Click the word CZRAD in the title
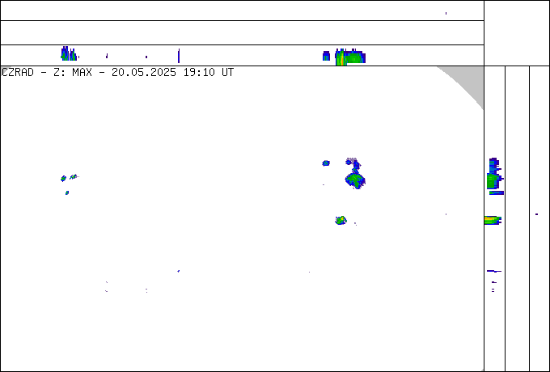click(18, 73)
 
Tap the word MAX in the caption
click(82, 73)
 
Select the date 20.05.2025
click(144, 73)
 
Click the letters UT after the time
click(227, 73)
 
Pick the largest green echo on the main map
click(355, 180)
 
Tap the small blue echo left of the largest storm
click(326, 163)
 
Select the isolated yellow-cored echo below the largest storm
click(341, 220)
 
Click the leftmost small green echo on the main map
click(63, 179)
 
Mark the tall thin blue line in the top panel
click(179, 56)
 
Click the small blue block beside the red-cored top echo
click(326, 56)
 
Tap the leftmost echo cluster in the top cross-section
click(69, 53)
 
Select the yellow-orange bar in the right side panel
click(493, 220)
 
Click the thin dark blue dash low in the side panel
click(494, 271)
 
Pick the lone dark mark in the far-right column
click(537, 214)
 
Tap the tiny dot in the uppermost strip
click(446, 13)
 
